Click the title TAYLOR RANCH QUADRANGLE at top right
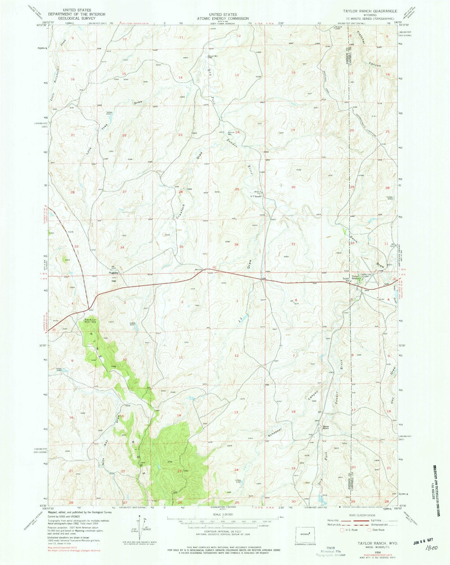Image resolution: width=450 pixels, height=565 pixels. tap(370, 11)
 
